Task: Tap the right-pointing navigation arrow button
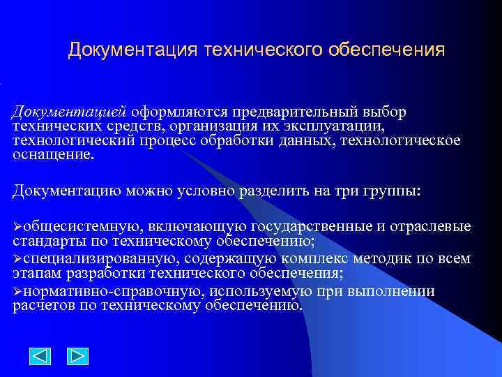(x=77, y=357)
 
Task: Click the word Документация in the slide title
(x=133, y=51)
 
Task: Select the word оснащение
(x=52, y=155)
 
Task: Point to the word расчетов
(x=43, y=306)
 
